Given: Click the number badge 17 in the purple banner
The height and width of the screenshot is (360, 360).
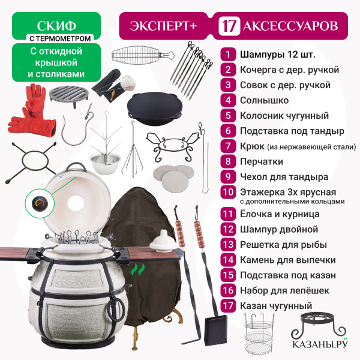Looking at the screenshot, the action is click(229, 26).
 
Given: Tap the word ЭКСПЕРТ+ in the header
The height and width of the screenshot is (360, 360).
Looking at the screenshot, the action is click(163, 26).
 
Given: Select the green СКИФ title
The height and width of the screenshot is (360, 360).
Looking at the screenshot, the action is click(56, 26).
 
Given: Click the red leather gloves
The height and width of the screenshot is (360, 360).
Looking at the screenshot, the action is click(32, 110).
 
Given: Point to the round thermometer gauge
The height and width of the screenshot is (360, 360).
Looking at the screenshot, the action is click(40, 203).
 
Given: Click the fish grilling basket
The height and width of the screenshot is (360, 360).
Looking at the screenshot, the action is click(143, 55).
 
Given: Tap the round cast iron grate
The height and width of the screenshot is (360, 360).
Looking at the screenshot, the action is click(69, 95).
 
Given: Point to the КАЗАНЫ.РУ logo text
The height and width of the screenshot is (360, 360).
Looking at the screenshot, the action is click(320, 344).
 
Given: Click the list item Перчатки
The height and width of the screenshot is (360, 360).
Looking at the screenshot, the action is click(262, 161).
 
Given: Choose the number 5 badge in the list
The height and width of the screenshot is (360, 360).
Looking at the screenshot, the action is click(228, 115).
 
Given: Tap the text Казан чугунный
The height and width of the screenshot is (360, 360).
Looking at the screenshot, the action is click(276, 306).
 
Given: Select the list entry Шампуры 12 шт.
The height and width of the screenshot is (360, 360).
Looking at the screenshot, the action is click(278, 55).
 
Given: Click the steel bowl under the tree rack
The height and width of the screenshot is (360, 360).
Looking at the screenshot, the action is click(105, 161).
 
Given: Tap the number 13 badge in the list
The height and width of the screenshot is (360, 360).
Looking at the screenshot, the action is click(228, 245).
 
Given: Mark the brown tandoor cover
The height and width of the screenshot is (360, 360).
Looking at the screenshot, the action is click(142, 253).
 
